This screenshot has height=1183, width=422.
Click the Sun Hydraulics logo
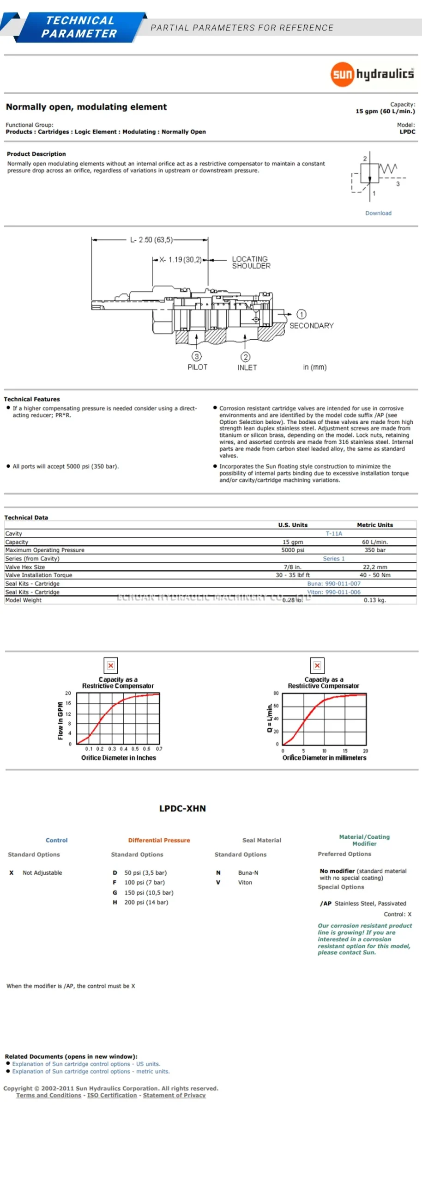[x=372, y=74]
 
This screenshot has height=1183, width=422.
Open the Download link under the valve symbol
[x=378, y=213]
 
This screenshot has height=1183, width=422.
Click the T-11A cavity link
[x=334, y=533]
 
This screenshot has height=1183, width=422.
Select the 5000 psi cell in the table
[x=293, y=550]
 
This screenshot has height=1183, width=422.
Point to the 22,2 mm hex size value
[x=375, y=567]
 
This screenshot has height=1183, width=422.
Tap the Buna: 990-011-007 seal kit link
[x=334, y=584]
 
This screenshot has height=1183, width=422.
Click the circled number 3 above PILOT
[x=197, y=356]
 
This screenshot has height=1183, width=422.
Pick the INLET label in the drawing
[x=247, y=367]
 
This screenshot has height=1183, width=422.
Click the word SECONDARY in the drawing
[x=311, y=326]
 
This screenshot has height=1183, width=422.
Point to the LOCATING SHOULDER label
[x=251, y=262]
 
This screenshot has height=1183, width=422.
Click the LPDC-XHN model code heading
[x=182, y=808]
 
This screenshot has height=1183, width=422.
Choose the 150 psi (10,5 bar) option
[x=149, y=892]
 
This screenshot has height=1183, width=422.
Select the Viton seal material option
[x=245, y=882]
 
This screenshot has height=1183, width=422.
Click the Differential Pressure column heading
[x=159, y=840]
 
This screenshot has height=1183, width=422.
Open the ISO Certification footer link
[x=112, y=1095]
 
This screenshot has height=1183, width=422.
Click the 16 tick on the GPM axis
[x=68, y=703]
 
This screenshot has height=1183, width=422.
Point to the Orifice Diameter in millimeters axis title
[x=324, y=758]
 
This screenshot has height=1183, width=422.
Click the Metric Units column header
[x=375, y=525]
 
